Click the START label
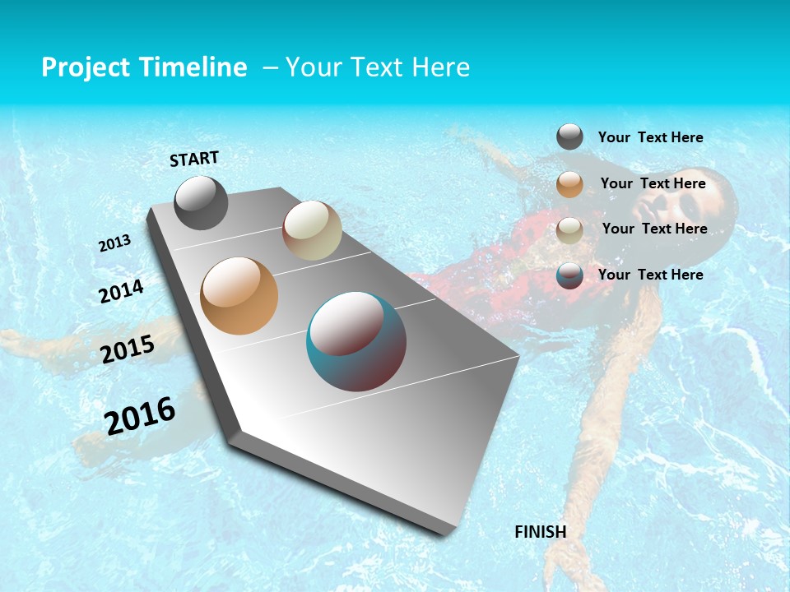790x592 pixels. pyautogui.click(x=194, y=158)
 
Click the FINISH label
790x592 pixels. pyautogui.click(x=540, y=531)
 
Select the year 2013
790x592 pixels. pyautogui.click(x=114, y=243)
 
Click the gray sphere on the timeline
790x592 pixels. pyautogui.click(x=201, y=203)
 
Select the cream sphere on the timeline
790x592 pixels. pyautogui.click(x=312, y=230)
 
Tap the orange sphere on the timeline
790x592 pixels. pyautogui.click(x=239, y=296)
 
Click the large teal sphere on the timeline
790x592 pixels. pyautogui.click(x=356, y=341)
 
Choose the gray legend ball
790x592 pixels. pyautogui.click(x=569, y=137)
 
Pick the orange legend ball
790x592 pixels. pyautogui.click(x=569, y=184)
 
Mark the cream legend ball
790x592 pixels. pyautogui.click(x=569, y=229)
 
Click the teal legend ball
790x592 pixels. pyautogui.click(x=569, y=275)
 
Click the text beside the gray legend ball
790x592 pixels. pyautogui.click(x=650, y=137)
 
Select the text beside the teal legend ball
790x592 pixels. pyautogui.click(x=650, y=275)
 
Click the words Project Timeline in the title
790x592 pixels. pyautogui.click(x=144, y=67)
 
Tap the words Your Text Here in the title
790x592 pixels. pyautogui.click(x=378, y=67)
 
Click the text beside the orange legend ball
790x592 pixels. pyautogui.click(x=653, y=183)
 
